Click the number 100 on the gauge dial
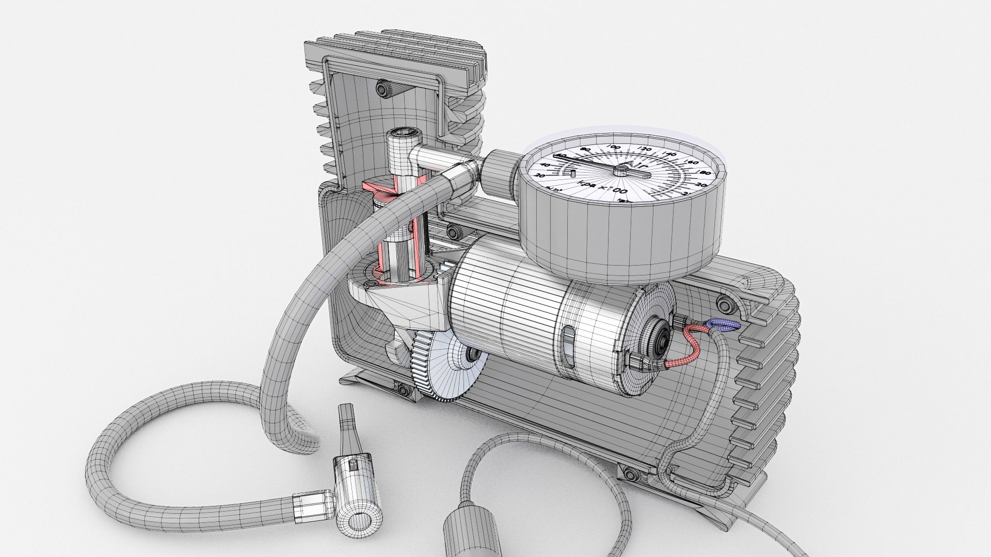[x=614, y=148]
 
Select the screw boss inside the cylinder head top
[x=382, y=89]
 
